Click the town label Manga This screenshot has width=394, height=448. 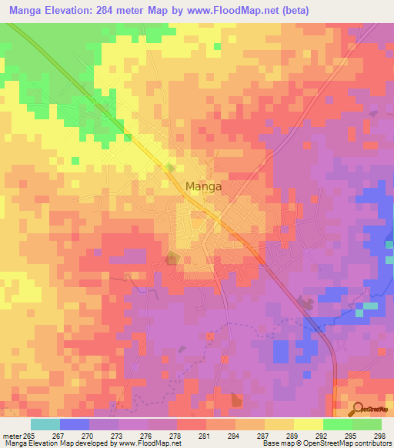point(204,186)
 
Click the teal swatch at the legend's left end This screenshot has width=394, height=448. point(45,424)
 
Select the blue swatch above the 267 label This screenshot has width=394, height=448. point(75,424)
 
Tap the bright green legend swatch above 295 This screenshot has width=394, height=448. point(338,424)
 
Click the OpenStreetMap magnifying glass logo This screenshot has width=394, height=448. point(357,409)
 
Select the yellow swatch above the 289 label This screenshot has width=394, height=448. point(279,424)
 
